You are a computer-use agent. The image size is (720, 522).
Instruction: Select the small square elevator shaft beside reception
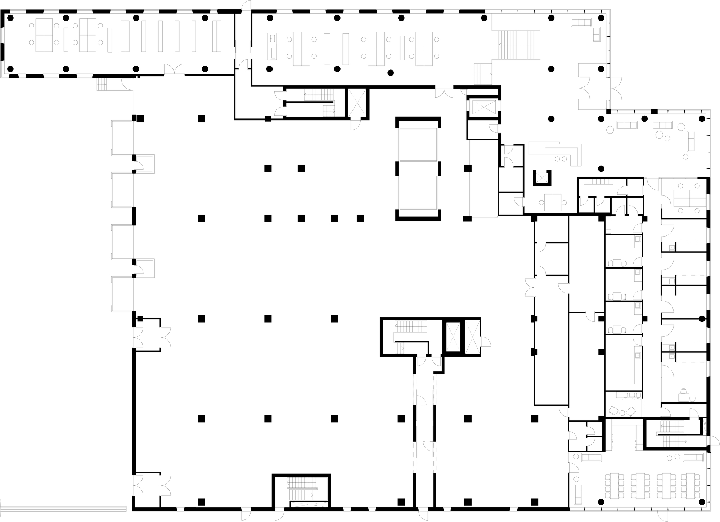point(542,177)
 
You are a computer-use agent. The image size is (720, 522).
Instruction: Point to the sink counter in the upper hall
point(273,46)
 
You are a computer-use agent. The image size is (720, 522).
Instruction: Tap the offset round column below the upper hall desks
point(391,73)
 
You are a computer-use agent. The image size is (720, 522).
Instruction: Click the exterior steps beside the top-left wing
point(102,85)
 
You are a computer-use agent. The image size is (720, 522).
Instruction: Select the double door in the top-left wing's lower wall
point(175,69)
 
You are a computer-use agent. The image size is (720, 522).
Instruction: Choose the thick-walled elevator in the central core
point(453,337)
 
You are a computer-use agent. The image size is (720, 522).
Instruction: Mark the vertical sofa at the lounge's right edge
point(691,141)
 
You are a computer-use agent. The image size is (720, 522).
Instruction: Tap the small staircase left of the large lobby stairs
point(483,74)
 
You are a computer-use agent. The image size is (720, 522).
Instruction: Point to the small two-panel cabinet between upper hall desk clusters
point(400,48)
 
